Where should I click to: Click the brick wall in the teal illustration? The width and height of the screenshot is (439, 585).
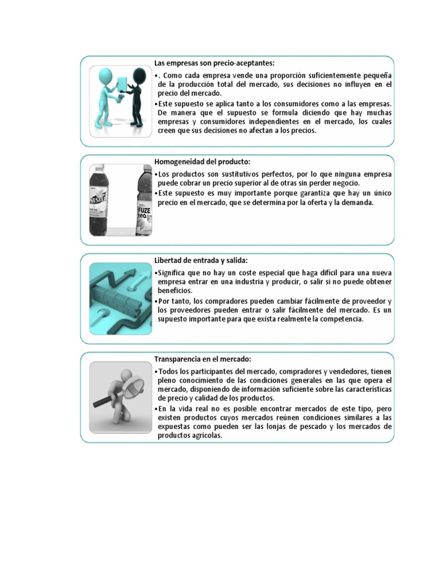pyautogui.click(x=122, y=301)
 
